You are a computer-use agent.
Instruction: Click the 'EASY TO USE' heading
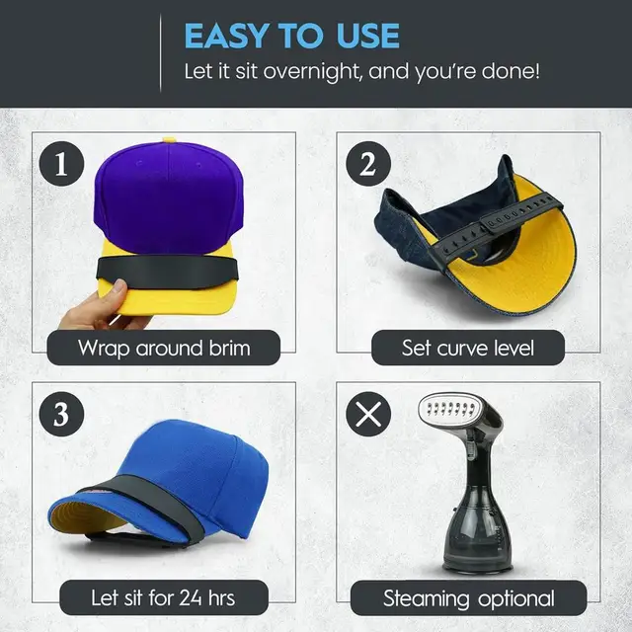(291, 36)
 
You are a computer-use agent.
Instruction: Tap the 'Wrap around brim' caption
(165, 348)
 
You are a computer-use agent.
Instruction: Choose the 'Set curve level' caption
(469, 348)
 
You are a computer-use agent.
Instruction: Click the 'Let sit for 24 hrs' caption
(163, 597)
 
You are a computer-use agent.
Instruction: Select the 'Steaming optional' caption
(469, 597)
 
